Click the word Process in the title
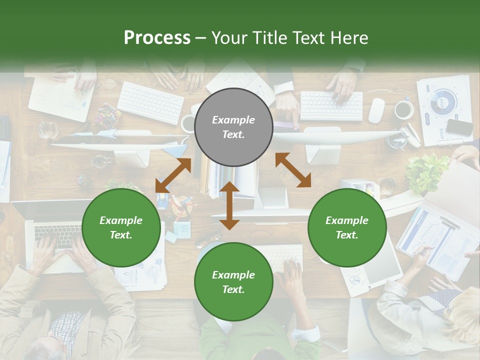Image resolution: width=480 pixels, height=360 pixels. [x=157, y=37]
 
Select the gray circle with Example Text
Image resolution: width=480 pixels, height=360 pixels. [x=233, y=127]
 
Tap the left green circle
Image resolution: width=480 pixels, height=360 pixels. [x=121, y=228]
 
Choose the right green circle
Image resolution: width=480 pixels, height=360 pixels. [x=347, y=228]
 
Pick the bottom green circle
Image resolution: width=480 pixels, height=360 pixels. [x=233, y=282]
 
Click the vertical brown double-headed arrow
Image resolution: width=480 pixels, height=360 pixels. [x=229, y=205]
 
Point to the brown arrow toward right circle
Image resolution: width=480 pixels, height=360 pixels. [x=293, y=169]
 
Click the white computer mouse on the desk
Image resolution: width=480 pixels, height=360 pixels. [x=376, y=110]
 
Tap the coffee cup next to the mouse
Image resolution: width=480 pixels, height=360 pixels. [x=403, y=109]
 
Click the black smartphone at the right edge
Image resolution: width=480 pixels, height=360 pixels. [x=459, y=127]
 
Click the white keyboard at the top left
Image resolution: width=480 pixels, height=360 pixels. [x=150, y=102]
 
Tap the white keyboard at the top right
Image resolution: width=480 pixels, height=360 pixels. [x=331, y=105]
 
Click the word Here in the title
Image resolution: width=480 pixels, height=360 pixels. [x=349, y=37]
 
